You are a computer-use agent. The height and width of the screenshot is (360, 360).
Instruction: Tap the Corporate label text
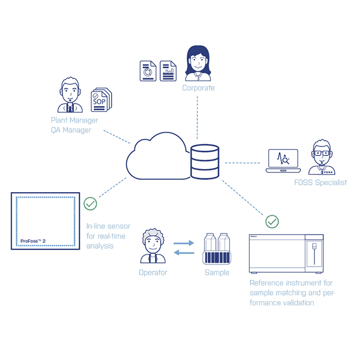pos(198,88)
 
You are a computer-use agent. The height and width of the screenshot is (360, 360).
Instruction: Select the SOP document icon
pos(100,99)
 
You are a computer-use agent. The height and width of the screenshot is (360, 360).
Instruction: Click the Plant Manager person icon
pos(70,96)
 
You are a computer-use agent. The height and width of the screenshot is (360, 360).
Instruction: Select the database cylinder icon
pos(205,161)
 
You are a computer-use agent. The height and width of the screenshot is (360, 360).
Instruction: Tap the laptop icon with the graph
pos(283,161)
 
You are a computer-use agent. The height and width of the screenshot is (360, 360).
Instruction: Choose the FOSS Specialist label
pos(320,183)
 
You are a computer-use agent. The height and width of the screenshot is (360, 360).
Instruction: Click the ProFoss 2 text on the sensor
pos(33,241)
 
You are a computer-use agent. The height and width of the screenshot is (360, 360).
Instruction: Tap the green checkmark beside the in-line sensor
pos(90,204)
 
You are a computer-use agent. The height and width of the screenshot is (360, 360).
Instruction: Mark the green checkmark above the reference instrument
pos(272,221)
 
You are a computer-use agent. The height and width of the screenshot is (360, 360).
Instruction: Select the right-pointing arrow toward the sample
pos(183,243)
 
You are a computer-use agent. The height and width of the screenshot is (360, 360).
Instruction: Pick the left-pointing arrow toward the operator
pos(183,253)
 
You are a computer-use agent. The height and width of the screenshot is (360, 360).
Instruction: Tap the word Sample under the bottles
pos(217,272)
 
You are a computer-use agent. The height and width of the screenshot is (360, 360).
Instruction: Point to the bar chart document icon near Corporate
pos(168,71)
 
